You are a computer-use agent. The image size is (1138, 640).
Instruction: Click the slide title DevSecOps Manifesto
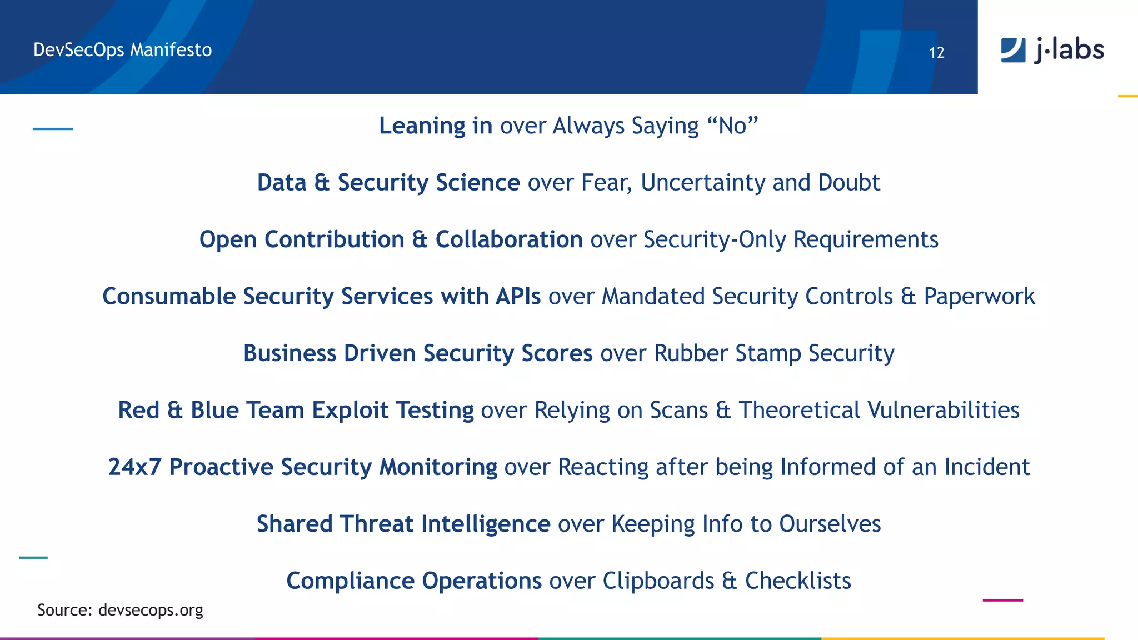[x=122, y=50]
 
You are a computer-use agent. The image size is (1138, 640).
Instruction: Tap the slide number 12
[x=937, y=53]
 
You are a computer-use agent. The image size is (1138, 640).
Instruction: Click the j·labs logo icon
[x=1013, y=50]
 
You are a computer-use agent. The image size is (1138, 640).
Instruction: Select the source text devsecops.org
[x=150, y=610]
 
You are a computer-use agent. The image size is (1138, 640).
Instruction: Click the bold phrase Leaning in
[x=435, y=126]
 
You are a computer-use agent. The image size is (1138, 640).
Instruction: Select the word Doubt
[x=849, y=183]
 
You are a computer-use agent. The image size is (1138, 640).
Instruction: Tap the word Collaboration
[x=509, y=239]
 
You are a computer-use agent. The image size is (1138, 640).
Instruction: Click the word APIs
[x=518, y=297]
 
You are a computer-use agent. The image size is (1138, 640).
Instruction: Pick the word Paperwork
[x=979, y=297]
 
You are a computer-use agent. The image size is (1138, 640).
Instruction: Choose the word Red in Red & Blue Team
[x=138, y=411]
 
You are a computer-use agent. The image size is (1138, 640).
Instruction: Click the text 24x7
[x=134, y=467]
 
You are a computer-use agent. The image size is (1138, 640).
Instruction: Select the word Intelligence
[x=485, y=524]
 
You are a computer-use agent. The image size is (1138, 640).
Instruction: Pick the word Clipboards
[x=658, y=581]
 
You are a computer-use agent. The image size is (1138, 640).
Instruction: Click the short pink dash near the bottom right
[x=1002, y=600]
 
